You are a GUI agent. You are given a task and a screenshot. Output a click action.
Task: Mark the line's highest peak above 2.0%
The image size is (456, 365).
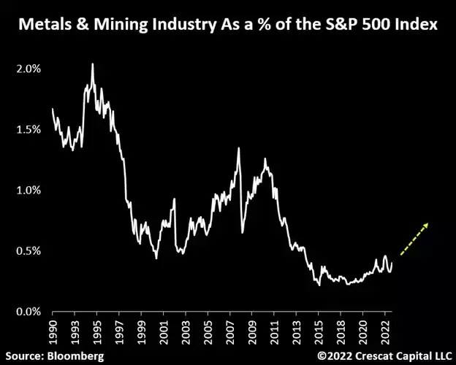point(92,64)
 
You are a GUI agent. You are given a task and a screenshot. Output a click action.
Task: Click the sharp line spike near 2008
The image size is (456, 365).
point(238,149)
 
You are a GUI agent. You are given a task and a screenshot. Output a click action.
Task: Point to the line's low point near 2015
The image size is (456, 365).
point(320,285)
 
